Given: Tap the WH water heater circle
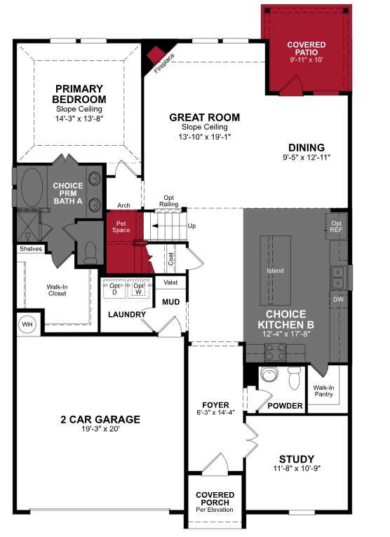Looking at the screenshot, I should (x=28, y=325).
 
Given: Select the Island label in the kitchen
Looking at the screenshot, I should (x=274, y=270).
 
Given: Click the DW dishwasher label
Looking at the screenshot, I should (x=338, y=299).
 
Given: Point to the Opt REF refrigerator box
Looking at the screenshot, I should (x=337, y=225).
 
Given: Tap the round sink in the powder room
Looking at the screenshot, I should (x=268, y=375).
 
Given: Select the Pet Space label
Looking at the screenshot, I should (x=121, y=226).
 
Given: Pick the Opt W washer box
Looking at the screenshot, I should (x=139, y=290).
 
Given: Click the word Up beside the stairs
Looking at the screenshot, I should (x=191, y=226).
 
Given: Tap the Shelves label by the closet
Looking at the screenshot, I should (x=31, y=249).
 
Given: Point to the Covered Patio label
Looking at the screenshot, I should (x=306, y=49).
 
